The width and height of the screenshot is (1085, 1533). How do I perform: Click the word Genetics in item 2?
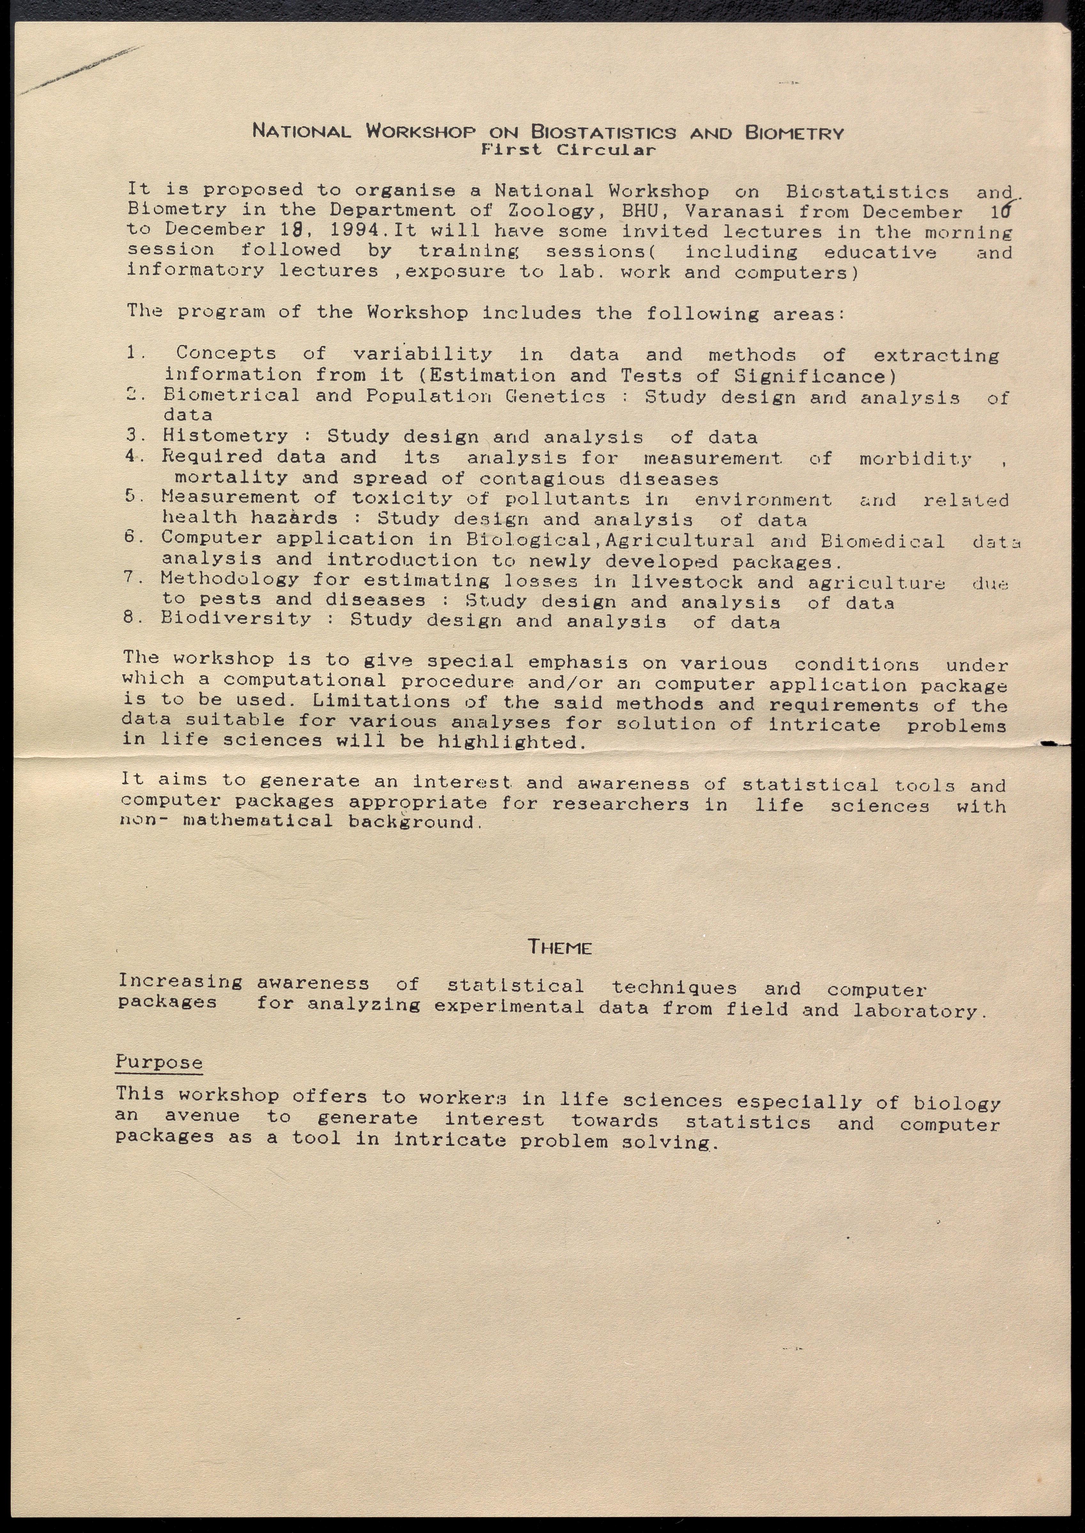coord(555,396)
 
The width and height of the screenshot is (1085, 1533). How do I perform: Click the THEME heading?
coord(560,947)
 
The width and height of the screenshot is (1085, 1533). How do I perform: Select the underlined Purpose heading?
coord(159,1062)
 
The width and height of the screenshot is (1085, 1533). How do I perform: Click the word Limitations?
coord(381,701)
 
